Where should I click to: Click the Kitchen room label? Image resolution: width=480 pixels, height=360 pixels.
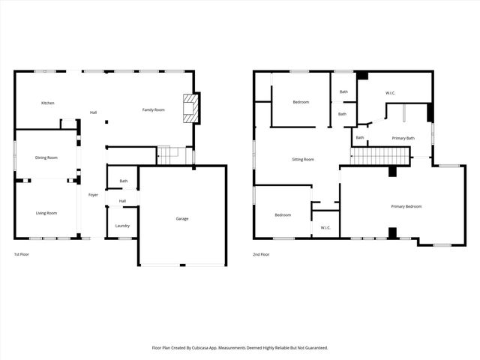(48, 103)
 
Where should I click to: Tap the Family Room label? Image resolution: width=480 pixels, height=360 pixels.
(154, 110)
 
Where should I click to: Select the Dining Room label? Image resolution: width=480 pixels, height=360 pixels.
(46, 157)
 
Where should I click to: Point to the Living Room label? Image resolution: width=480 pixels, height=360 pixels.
(46, 213)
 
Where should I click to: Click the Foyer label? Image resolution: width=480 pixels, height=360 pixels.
(93, 195)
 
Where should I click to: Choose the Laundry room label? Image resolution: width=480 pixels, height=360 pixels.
(122, 226)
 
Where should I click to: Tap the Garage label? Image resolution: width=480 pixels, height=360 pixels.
(182, 218)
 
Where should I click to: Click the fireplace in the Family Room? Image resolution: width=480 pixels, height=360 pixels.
(192, 107)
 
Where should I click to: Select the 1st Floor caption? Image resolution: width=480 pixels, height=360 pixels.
(22, 255)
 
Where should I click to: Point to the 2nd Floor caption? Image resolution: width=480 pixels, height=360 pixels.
(261, 255)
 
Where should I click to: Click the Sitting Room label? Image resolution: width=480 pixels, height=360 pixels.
(303, 159)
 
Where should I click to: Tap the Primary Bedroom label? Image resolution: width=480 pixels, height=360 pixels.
(406, 206)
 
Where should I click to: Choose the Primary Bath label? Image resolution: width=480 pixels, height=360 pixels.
(403, 138)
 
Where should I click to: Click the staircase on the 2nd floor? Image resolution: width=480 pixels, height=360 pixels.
(380, 156)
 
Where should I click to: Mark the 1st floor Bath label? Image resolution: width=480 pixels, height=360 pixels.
(123, 181)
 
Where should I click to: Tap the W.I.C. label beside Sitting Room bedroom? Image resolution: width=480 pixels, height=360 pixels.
(325, 227)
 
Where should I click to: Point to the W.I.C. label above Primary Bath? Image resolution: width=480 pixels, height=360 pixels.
(391, 93)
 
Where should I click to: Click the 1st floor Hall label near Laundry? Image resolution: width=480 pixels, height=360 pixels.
(122, 201)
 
